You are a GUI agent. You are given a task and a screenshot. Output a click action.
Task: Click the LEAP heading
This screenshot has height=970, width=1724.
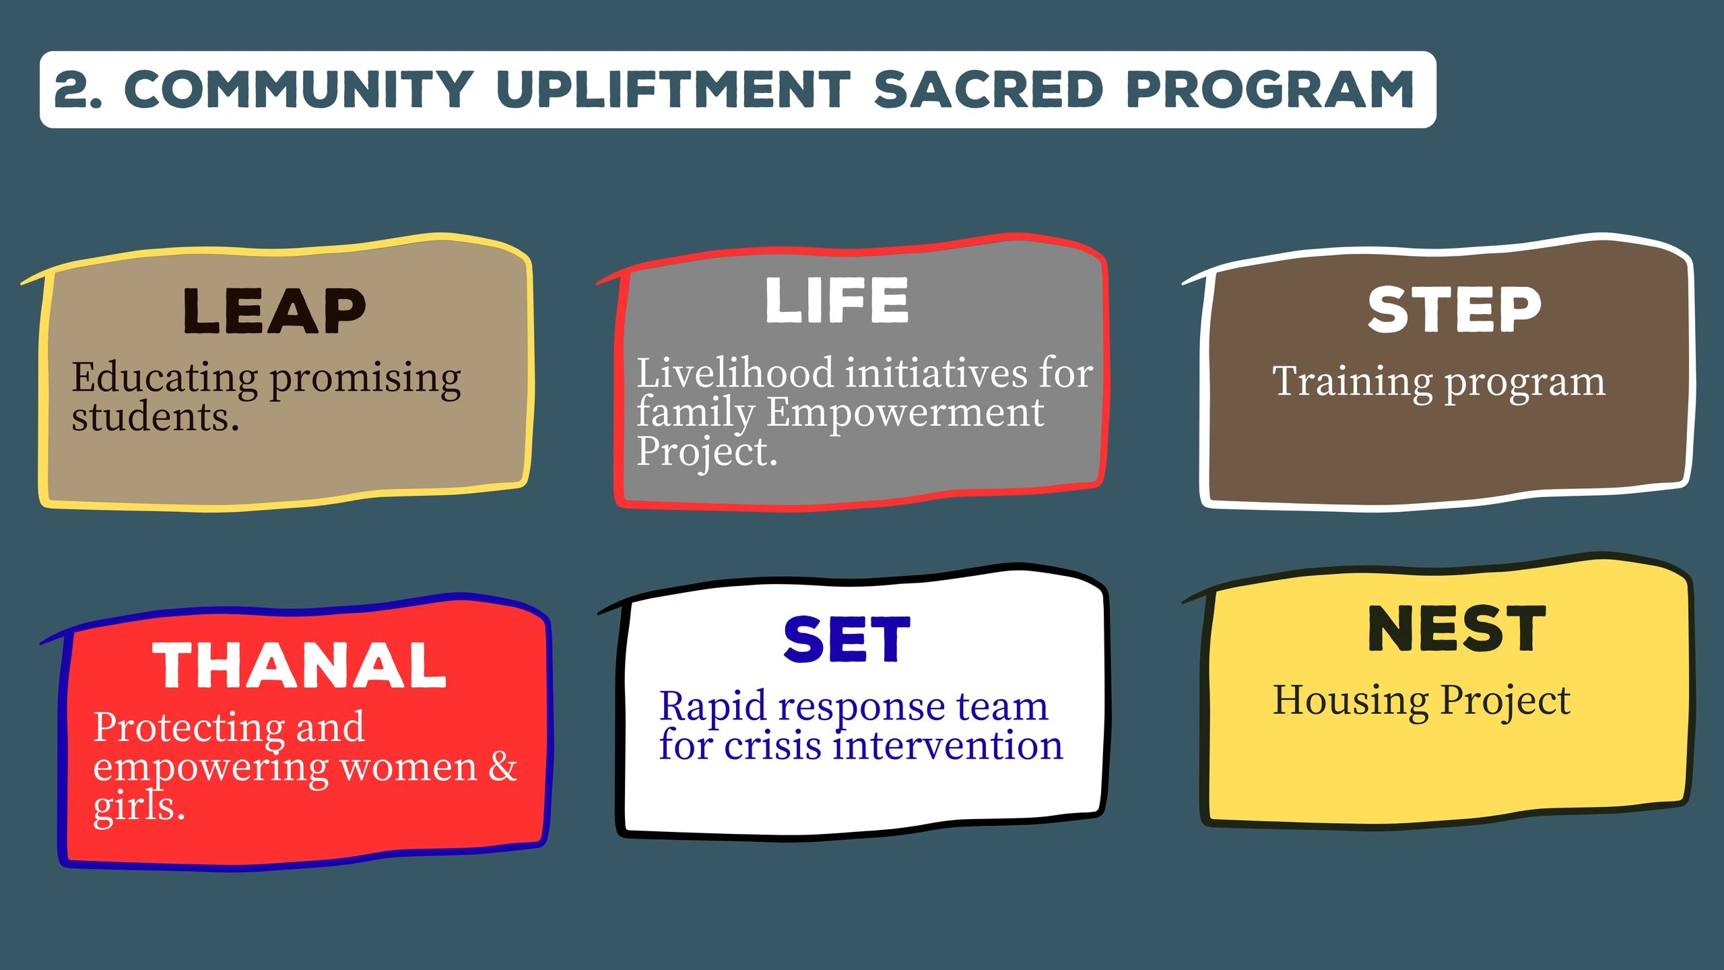pos(274,311)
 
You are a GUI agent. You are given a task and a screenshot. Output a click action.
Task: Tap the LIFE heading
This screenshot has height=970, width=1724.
pos(837,300)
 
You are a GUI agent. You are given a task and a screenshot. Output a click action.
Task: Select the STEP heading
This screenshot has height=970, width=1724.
pos(1454,309)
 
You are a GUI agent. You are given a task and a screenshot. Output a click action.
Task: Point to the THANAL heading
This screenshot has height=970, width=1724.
pos(299,665)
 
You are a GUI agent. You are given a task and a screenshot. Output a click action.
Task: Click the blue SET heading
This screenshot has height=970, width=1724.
pos(847,639)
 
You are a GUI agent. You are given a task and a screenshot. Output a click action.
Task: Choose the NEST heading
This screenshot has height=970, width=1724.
pos(1457,628)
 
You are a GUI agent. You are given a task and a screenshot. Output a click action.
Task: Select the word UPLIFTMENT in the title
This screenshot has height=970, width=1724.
pos(673,90)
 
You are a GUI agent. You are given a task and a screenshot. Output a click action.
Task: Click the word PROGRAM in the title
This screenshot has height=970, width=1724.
pos(1270,90)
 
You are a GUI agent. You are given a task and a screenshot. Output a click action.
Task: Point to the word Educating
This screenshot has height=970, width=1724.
pos(165,379)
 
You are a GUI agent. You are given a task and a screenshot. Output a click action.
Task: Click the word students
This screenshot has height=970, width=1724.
pos(156,418)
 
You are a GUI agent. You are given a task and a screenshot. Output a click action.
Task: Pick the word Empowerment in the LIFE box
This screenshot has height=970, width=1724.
pos(906,414)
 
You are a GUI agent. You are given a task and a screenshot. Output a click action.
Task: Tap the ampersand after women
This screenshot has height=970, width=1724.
pos(502,767)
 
